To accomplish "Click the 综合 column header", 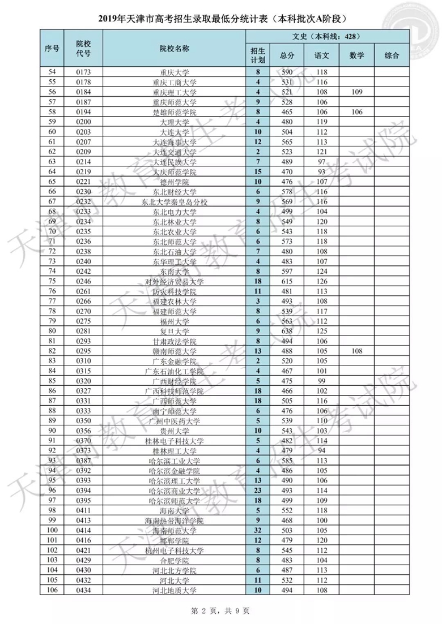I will coord(391,55).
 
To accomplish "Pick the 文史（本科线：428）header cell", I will coord(327,37).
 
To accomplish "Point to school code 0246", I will coord(83,281).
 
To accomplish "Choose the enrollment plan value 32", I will coord(257,530).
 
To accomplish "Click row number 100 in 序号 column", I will coord(52,530).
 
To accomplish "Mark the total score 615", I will coord(287,281).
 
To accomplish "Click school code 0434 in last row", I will coord(83,590).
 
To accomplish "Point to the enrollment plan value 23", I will coord(257,490).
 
